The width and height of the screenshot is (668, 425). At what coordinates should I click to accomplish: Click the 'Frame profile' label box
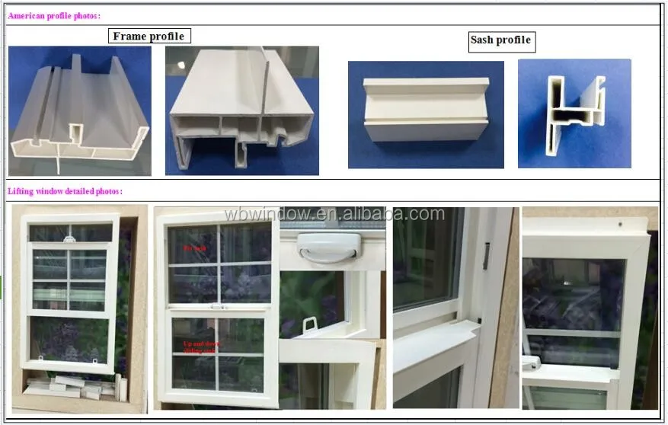point(148,36)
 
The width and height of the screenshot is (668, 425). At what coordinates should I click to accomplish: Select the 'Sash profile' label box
point(500,40)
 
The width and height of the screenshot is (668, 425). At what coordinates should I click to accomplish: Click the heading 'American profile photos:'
point(54,15)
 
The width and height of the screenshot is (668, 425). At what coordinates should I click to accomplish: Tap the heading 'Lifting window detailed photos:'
point(65,192)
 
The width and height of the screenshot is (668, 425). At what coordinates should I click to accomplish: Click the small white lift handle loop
point(310,325)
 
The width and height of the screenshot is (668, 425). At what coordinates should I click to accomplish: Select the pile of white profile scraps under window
point(68,387)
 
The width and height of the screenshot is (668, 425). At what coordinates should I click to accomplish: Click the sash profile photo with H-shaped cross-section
point(574,113)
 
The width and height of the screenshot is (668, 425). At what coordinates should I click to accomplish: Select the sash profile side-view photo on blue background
point(426,114)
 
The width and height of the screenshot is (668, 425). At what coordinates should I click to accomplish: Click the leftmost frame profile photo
point(79,111)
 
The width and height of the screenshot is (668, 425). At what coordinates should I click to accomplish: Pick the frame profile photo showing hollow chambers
point(241,111)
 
